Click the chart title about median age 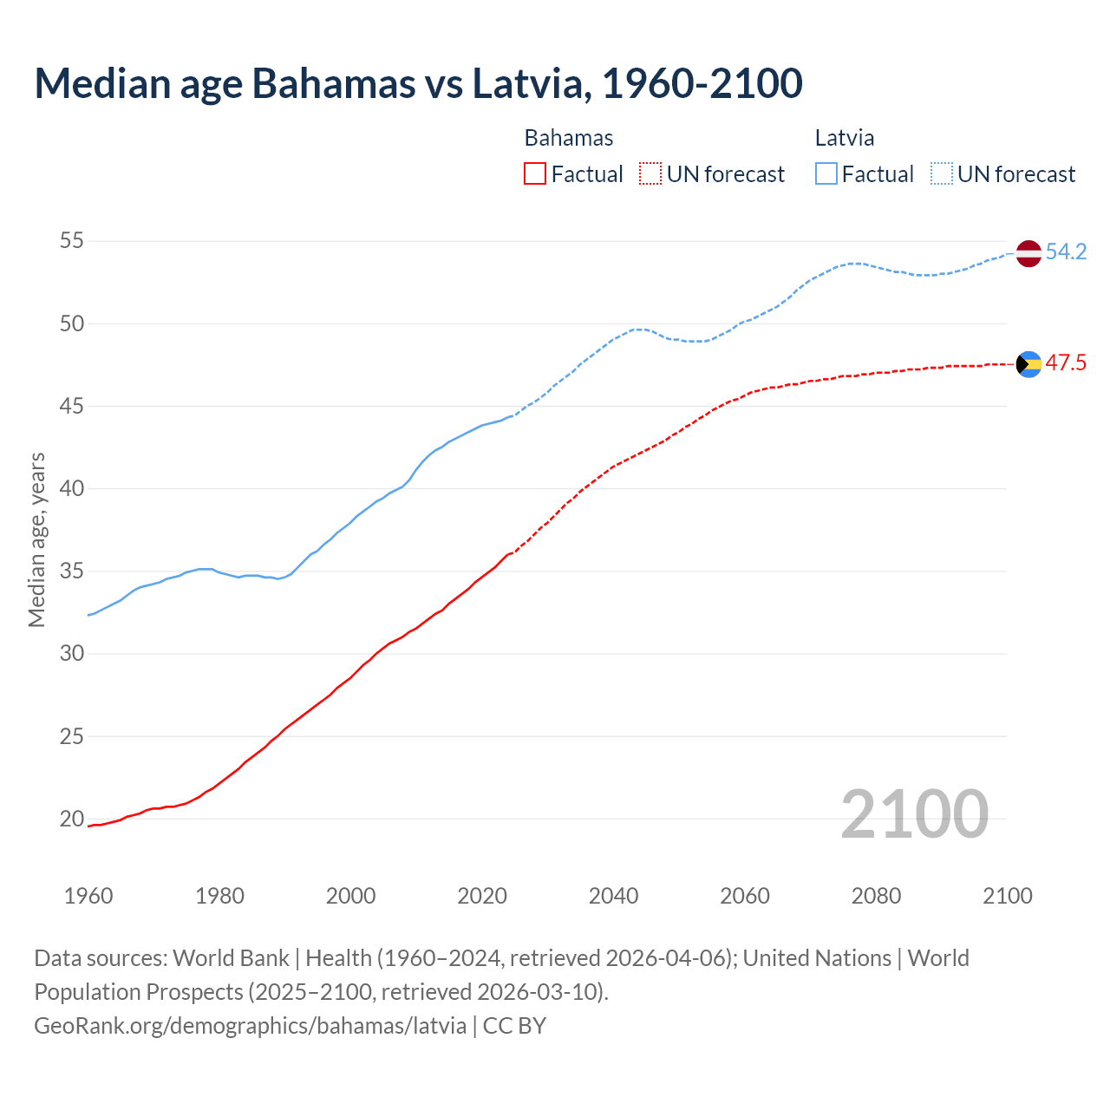click(418, 83)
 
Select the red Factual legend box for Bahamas click(535, 173)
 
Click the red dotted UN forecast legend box click(650, 173)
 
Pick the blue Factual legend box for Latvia click(826, 173)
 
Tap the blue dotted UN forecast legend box click(941, 173)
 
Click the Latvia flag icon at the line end click(1028, 253)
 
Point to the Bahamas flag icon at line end click(1028, 364)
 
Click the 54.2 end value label click(1066, 252)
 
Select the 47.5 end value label click(1066, 363)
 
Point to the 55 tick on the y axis click(72, 240)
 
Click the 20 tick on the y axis click(72, 819)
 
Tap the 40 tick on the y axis click(72, 488)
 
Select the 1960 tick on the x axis click(88, 896)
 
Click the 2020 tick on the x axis click(482, 896)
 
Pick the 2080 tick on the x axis click(876, 896)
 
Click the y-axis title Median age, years click(36, 539)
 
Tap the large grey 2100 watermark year click(914, 814)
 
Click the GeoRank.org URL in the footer click(250, 1026)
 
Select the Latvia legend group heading click(844, 138)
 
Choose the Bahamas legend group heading click(568, 138)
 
